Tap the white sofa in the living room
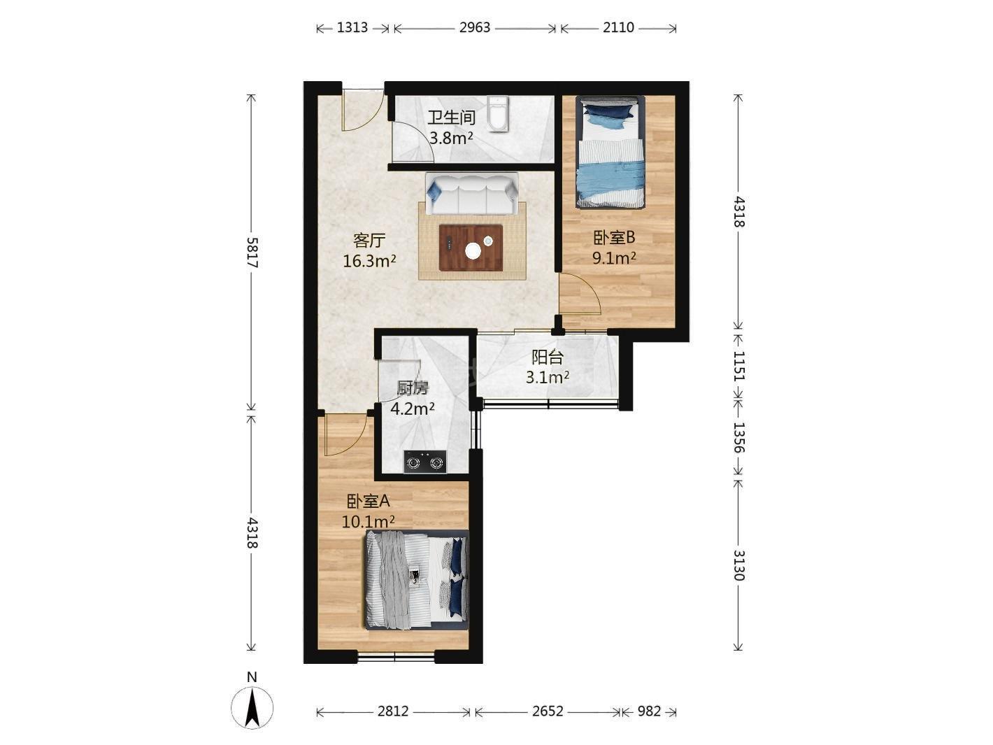click(x=471, y=194)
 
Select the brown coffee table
click(x=471, y=248)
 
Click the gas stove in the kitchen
click(x=424, y=462)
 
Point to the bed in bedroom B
click(x=610, y=152)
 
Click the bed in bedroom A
click(x=416, y=579)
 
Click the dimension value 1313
click(x=352, y=27)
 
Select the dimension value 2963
click(x=475, y=27)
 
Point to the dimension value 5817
click(x=252, y=252)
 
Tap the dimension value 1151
click(x=738, y=365)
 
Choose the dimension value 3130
click(x=738, y=565)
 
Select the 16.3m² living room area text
click(x=369, y=260)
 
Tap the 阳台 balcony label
click(x=547, y=357)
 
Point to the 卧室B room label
click(x=614, y=237)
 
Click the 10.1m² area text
click(x=368, y=522)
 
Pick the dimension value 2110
click(x=618, y=27)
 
